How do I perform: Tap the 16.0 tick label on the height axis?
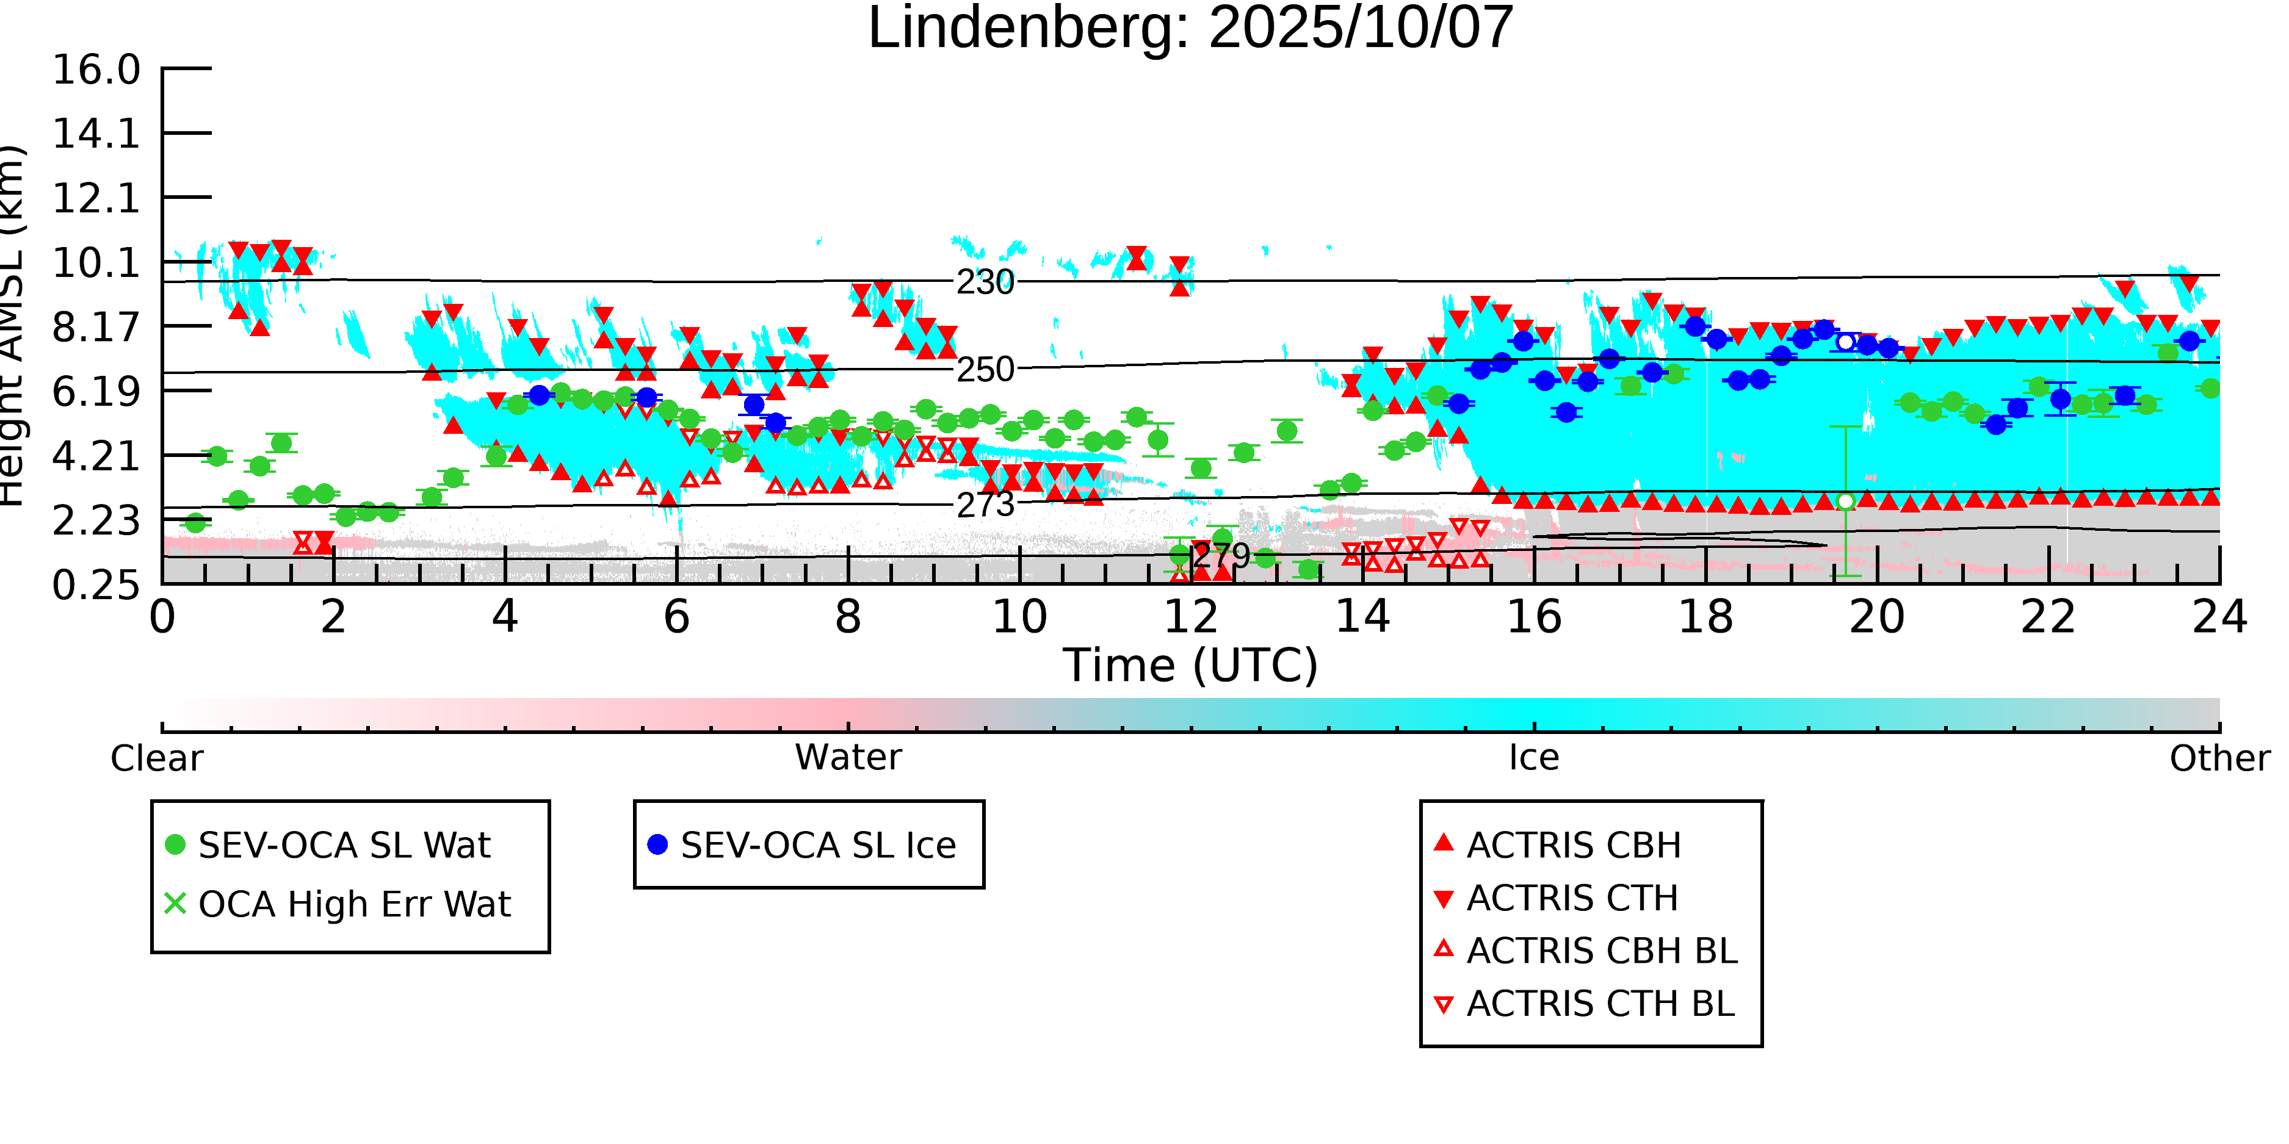pos(96,70)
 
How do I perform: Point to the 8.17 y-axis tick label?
pos(96,328)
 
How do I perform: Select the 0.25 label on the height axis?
pos(96,585)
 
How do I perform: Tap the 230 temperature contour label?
pos(985,282)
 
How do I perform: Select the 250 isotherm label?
pos(985,370)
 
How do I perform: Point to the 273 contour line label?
pos(985,505)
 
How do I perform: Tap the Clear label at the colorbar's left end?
pos(156,758)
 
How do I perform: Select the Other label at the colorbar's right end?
pos(2219,758)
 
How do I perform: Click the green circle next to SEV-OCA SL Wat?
pos(175,844)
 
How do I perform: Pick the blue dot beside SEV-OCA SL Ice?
pos(657,844)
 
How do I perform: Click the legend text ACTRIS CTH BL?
pos(1599,1004)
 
